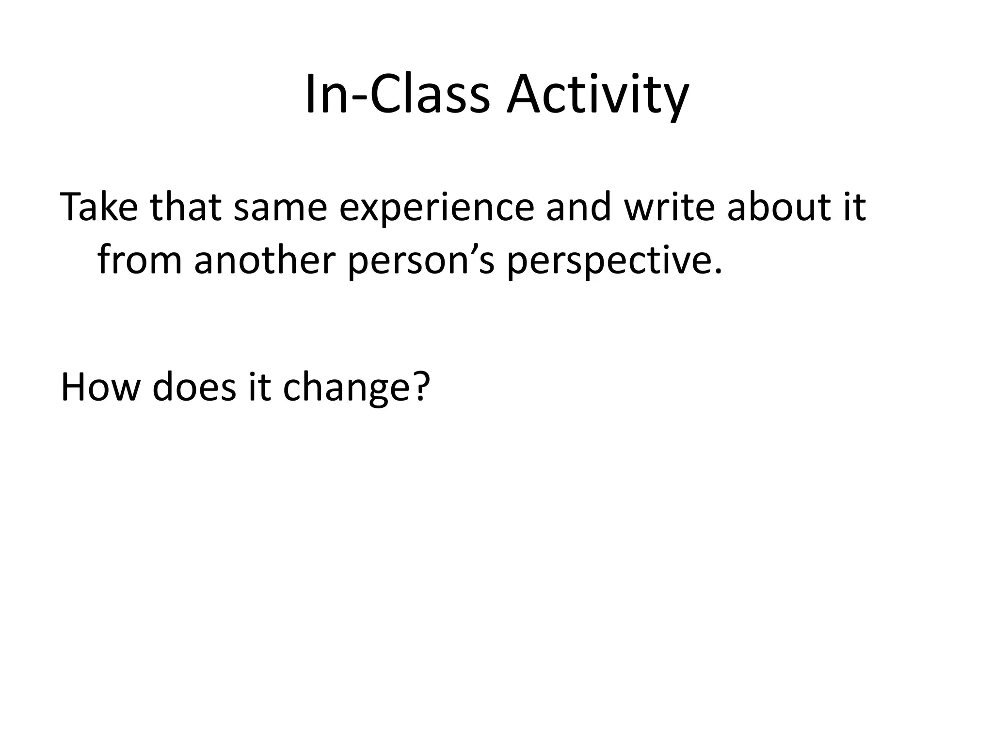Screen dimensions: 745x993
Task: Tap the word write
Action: tap(669, 207)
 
